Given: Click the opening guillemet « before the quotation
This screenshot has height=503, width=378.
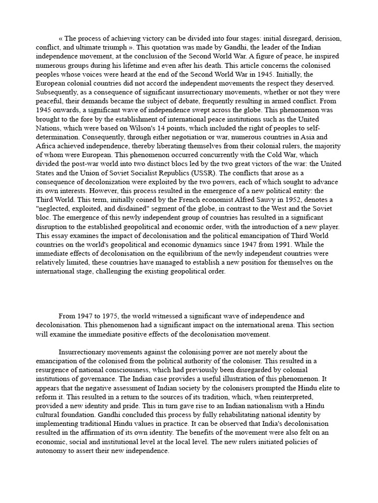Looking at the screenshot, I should click(61, 38).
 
